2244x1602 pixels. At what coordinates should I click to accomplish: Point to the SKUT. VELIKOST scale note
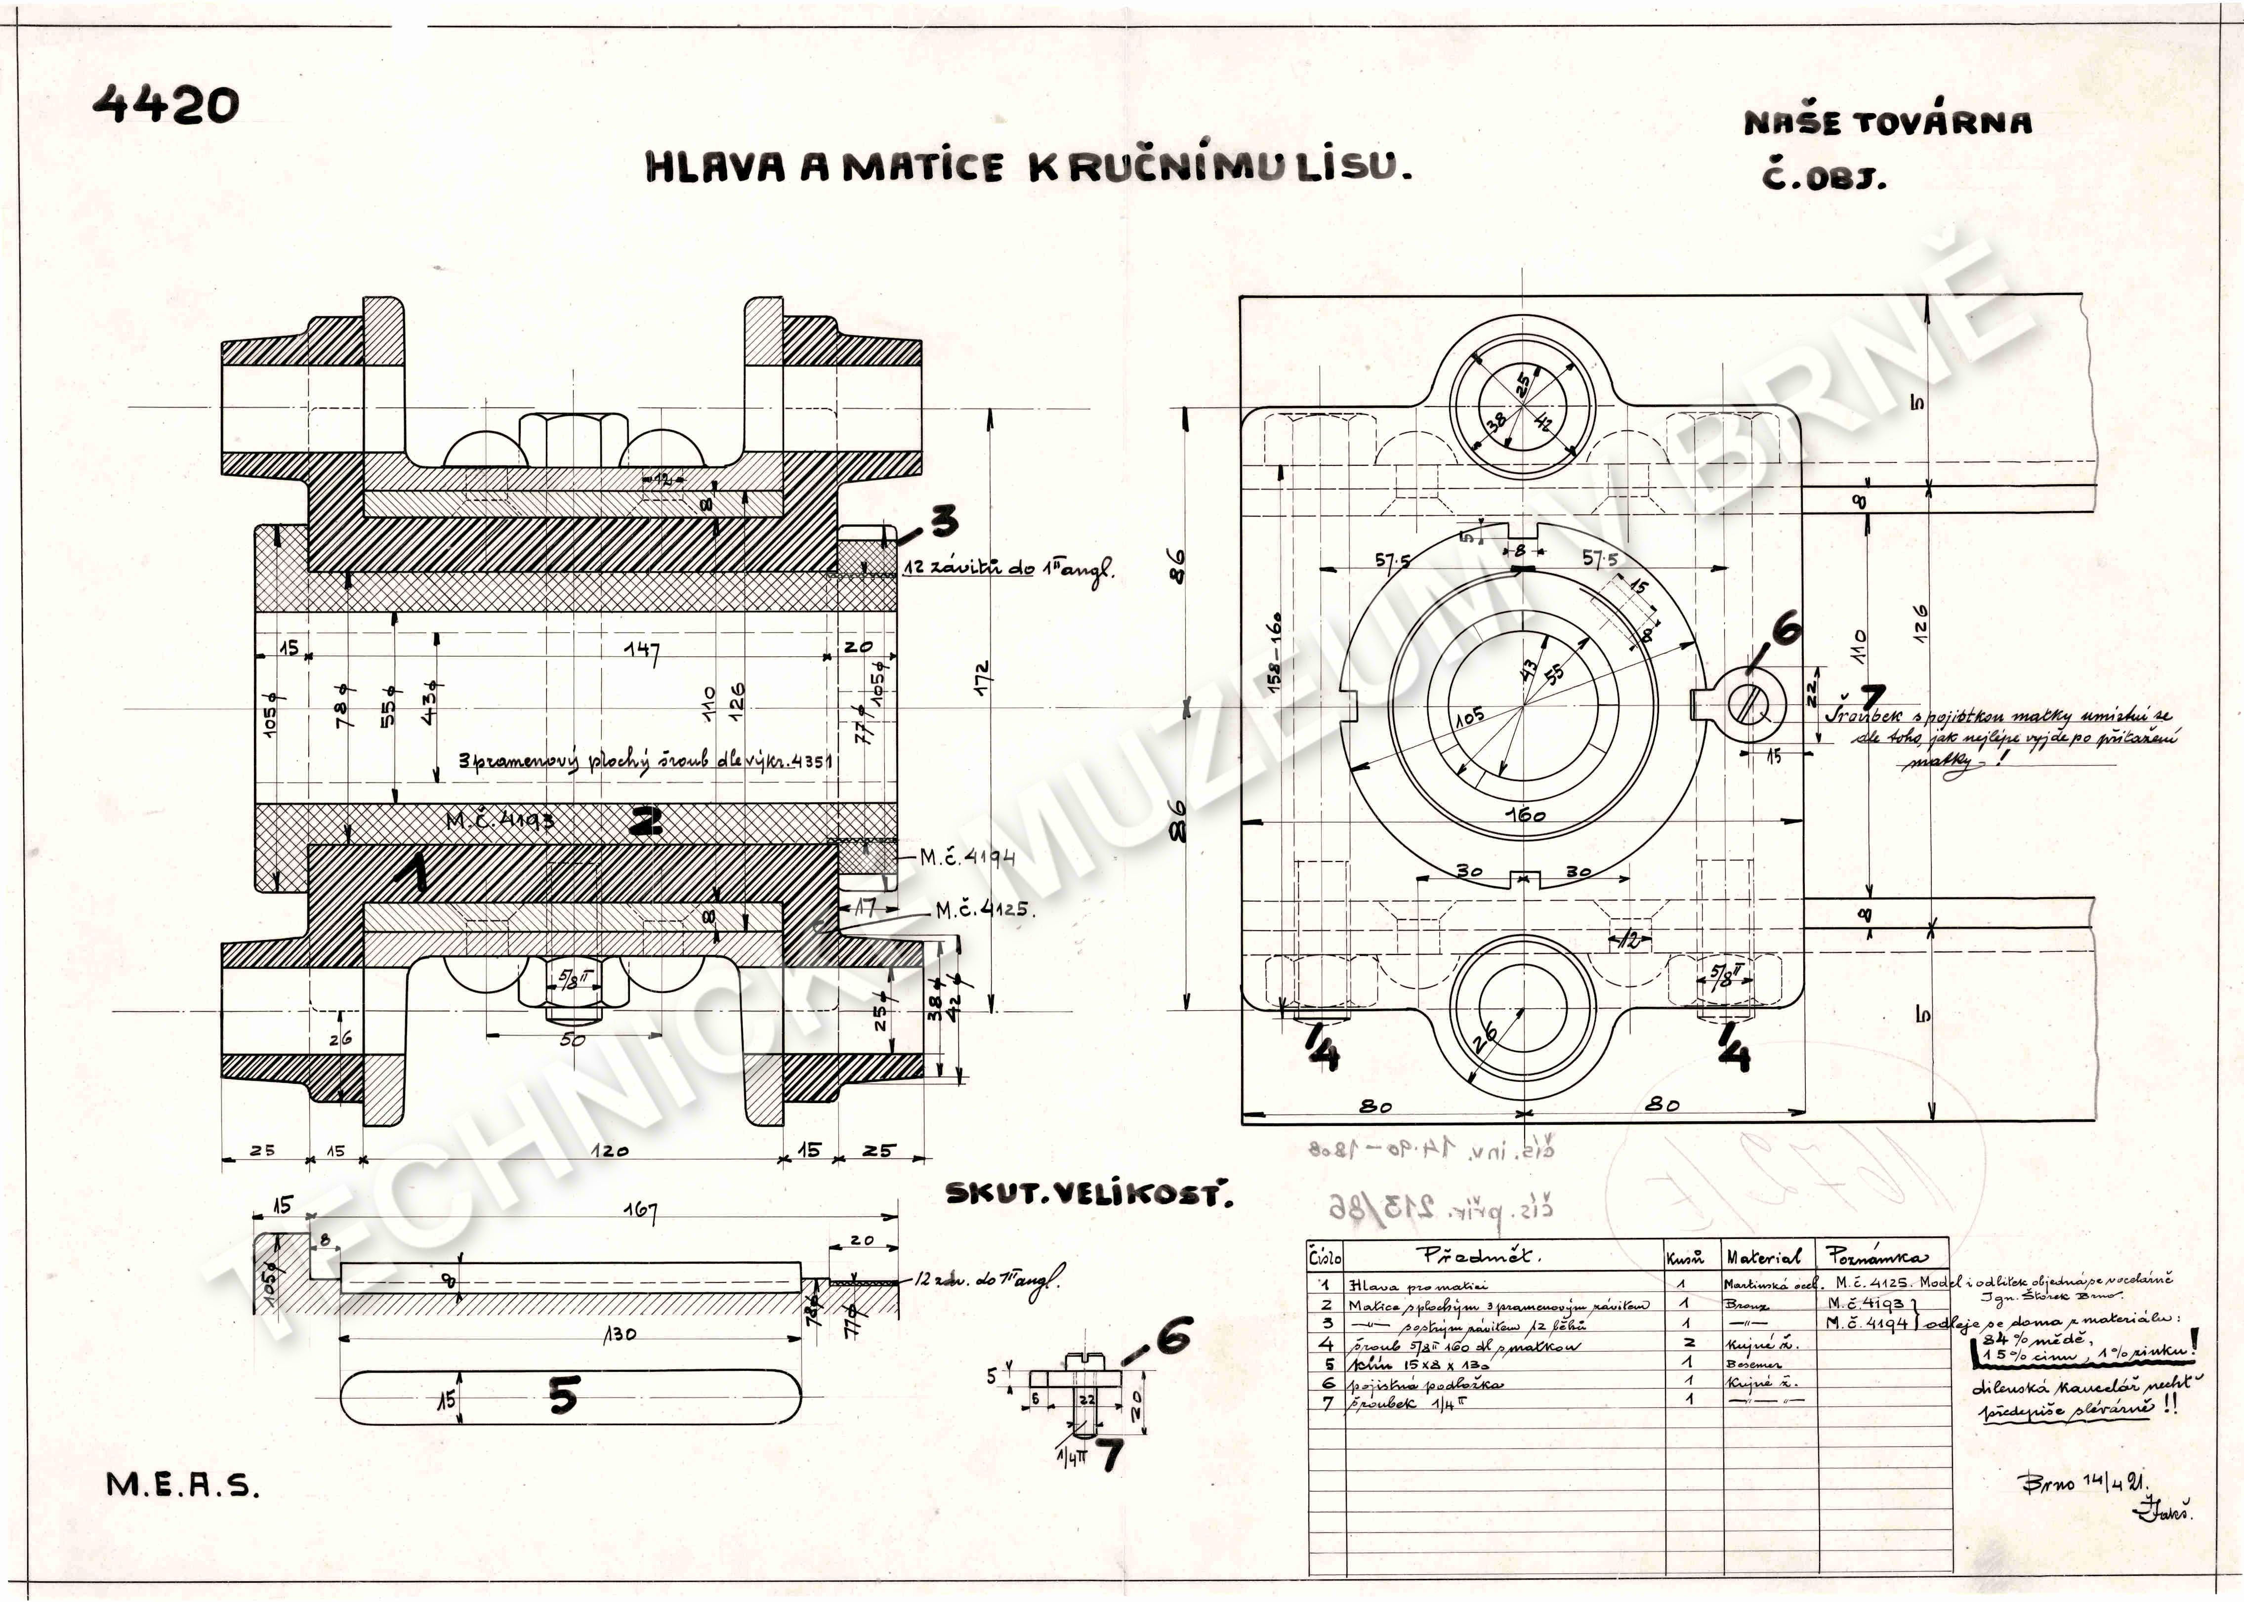click(1088, 1194)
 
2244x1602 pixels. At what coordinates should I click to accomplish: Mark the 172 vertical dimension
click(982, 681)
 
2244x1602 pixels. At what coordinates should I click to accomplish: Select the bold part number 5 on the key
click(562, 1396)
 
